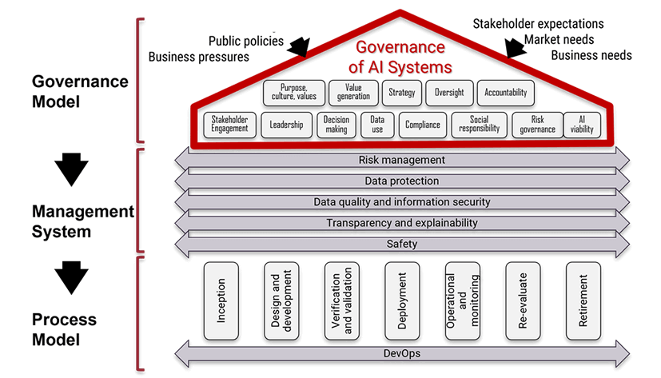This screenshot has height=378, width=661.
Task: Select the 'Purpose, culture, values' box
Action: point(293,92)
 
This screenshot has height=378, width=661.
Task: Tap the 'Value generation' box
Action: point(353,92)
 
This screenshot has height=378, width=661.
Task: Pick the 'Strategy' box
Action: point(401,93)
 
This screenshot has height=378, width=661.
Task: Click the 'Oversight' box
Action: point(448,93)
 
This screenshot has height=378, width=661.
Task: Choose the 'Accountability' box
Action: point(505,93)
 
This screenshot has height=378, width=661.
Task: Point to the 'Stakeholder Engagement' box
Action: point(229,125)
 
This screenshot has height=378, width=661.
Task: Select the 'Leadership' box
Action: point(286,125)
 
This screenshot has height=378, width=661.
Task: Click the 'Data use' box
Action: point(377,125)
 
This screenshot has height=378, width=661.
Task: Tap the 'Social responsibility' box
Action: point(479,125)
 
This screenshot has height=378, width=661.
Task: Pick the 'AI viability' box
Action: point(582,125)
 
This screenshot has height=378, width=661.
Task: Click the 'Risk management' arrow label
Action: point(401,161)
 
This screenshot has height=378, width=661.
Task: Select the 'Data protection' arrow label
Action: point(401,181)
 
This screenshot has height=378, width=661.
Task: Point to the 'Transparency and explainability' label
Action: point(401,223)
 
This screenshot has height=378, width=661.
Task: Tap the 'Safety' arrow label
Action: point(401,244)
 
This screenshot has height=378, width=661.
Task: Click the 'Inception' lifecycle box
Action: point(221,300)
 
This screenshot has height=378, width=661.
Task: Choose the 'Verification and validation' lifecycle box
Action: point(341,300)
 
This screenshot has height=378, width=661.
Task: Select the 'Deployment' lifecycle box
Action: point(402,300)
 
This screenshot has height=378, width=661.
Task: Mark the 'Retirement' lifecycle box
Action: point(583,300)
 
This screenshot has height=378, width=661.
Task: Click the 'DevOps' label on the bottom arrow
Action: point(401,352)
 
